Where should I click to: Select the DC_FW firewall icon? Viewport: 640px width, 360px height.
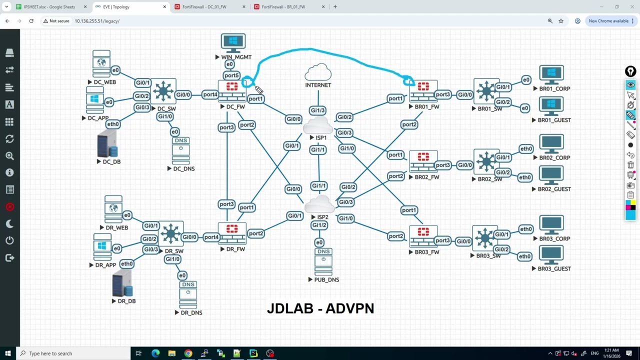pos(232,91)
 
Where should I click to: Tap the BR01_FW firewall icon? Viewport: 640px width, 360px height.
pos(423,91)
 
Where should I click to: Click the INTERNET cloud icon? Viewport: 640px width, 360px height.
pos(318,72)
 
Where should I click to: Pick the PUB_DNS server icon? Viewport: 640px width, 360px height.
pos(323,261)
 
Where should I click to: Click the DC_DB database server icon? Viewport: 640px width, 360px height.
pos(107,143)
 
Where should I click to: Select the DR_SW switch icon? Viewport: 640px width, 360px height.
pos(170,233)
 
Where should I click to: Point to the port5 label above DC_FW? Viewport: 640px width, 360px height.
pos(231,75)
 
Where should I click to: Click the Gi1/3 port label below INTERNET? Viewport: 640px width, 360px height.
pos(317,110)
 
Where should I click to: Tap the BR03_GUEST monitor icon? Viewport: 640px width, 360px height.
pos(551,255)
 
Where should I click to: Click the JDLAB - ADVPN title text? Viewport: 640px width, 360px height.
pos(320,308)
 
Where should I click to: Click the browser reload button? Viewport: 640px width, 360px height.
pos(31,21)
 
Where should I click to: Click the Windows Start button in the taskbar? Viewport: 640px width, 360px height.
pos(8,353)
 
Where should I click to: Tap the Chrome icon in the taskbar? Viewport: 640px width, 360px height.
pos(188,353)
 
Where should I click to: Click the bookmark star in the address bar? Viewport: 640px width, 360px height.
pos(561,21)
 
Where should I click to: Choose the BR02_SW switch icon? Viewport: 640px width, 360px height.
pos(486,161)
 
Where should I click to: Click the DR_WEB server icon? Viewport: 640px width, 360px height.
pos(113,209)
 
